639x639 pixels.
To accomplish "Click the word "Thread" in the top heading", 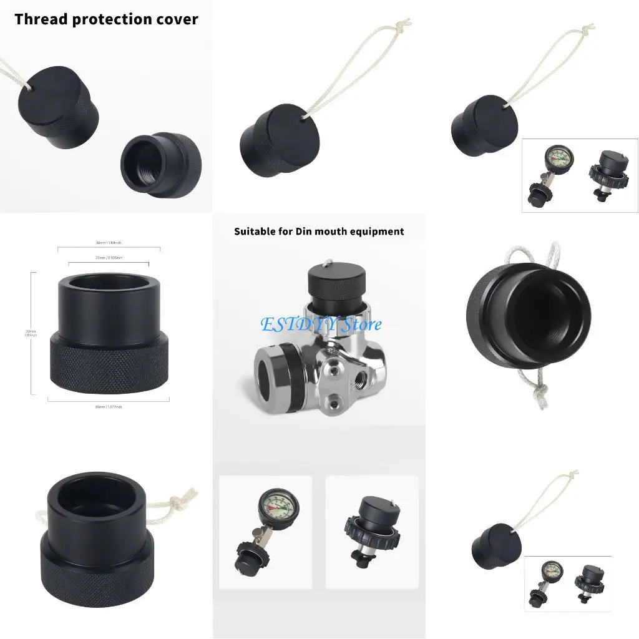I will coord(41,19).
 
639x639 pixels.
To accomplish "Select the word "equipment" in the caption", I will coord(377,232).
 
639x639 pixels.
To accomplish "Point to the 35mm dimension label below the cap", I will coord(109,406).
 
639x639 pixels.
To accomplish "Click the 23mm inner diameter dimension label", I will coord(109,257).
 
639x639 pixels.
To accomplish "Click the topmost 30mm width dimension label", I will coord(109,243).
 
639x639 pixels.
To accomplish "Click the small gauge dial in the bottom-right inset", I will coord(550,570).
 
